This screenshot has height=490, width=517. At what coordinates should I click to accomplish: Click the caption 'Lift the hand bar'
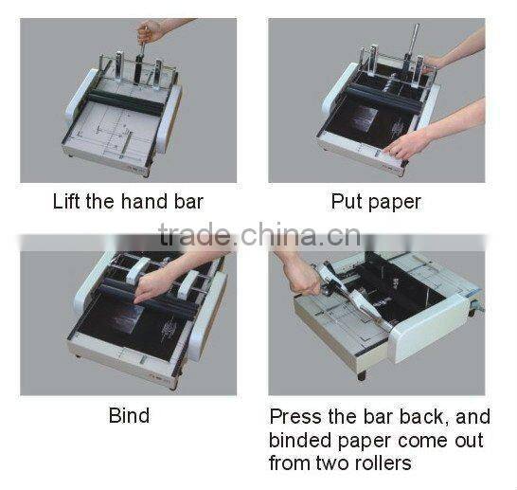[128, 201]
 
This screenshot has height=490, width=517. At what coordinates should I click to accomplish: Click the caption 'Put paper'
[376, 201]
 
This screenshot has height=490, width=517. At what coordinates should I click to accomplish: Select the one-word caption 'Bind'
[129, 415]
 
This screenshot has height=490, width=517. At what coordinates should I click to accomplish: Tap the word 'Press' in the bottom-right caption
[294, 416]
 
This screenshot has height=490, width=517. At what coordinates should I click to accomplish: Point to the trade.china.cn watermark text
[258, 235]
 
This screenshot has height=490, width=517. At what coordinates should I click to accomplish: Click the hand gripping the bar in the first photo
[150, 32]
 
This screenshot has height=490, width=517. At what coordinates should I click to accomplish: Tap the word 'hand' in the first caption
[157, 201]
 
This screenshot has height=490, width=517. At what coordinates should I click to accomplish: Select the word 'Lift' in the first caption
[67, 201]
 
